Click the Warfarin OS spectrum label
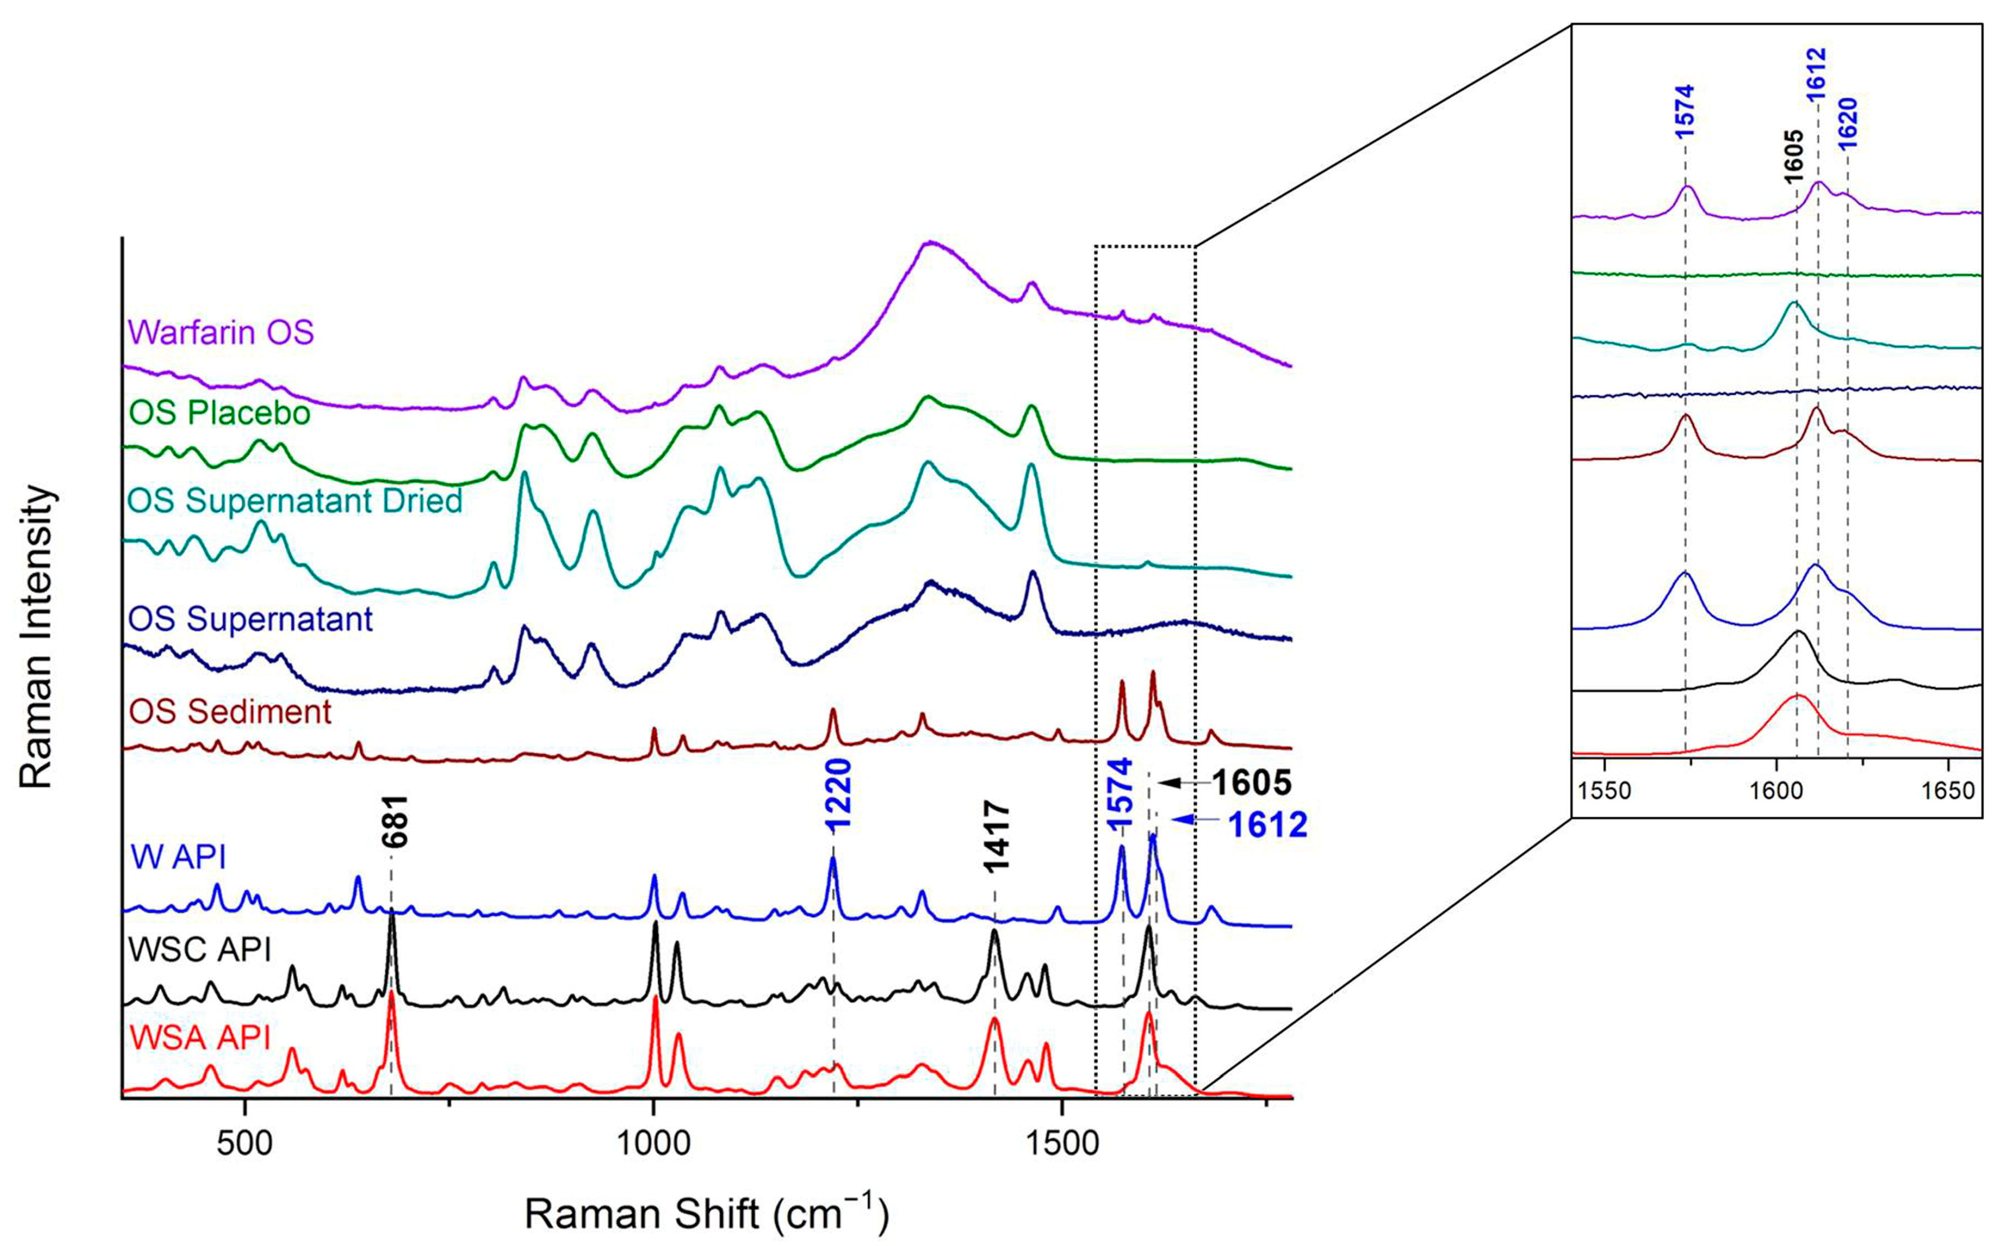coord(221,332)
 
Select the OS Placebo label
coord(219,412)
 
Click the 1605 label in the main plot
coord(1251,783)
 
